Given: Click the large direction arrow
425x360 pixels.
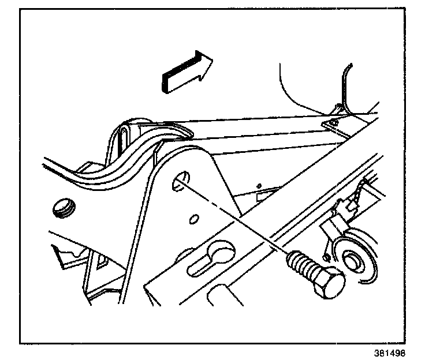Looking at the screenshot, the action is coord(186,72).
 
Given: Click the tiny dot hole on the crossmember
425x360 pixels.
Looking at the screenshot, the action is coord(260,185).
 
